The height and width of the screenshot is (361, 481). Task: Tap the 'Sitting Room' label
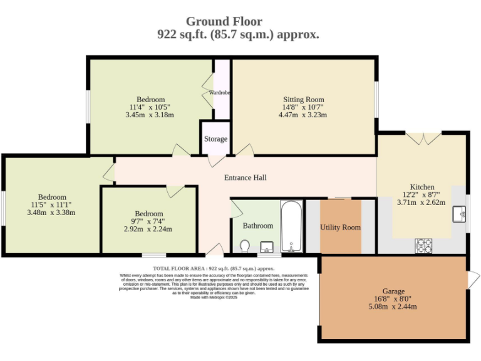pos(304,100)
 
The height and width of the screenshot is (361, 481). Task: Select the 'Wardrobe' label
pos(220,93)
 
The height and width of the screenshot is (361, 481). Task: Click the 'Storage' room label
pos(215,139)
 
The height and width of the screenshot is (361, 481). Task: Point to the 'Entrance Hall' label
pos(246,177)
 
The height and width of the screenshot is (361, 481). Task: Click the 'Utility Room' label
pos(340,227)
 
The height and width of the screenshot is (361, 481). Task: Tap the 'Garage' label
pos(393,291)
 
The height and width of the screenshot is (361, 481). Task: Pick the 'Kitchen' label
pos(422,187)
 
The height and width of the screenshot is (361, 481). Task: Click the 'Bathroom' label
pos(258,226)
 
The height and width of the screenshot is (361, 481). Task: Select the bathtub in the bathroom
pos(291,226)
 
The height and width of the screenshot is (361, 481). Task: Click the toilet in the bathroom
pos(245,246)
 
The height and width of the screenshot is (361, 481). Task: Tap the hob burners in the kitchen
pos(423,246)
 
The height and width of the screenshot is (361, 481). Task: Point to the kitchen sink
pos(459,213)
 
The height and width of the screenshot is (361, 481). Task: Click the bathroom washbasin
pos(266,246)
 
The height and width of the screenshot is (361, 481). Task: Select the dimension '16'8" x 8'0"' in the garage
pos(393,299)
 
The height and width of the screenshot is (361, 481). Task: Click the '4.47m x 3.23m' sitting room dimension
pos(304,115)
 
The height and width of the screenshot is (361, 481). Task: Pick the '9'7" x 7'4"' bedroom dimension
pos(148,221)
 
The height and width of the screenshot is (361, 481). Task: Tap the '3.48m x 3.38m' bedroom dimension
pos(51,212)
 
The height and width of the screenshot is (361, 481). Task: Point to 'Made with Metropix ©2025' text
pos(214,297)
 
